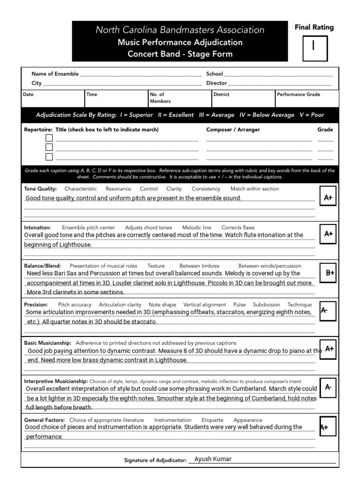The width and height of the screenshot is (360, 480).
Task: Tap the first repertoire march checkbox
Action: point(49,138)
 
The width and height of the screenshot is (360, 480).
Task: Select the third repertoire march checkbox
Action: point(49,157)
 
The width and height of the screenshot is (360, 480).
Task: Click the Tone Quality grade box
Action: point(328,198)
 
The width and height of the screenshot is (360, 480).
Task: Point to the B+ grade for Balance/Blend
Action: point(330,273)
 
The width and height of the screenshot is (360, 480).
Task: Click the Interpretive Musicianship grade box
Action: point(328,388)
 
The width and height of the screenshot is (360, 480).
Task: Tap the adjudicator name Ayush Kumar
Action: point(213,459)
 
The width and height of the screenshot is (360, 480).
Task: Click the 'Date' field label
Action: point(28,94)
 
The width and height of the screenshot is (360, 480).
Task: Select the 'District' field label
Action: point(221,94)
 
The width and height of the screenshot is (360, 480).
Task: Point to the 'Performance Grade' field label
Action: point(299,94)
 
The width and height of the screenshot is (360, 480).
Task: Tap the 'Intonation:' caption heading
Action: point(37,227)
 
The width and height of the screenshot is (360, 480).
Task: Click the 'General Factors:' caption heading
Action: point(45,420)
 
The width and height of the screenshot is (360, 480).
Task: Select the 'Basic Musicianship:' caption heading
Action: point(47,343)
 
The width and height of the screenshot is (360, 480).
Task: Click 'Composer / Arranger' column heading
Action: point(233,130)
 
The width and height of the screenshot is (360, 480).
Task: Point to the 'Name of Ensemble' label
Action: point(55,74)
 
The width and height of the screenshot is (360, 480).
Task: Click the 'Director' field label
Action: point(217,83)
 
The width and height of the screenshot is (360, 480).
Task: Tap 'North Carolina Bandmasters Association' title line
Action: point(180,30)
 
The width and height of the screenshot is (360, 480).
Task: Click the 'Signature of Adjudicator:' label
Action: point(155,461)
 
